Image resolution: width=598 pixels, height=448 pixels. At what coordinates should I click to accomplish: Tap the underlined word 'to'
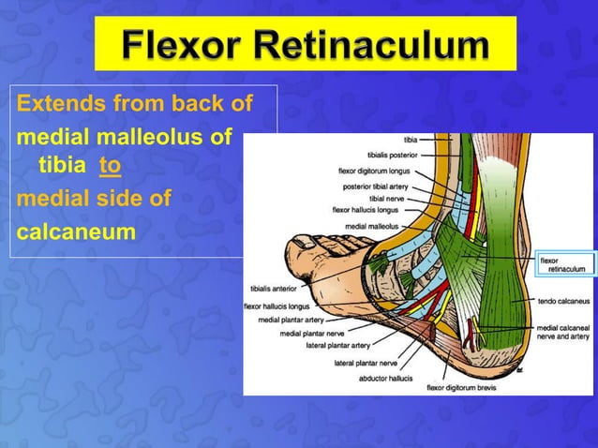pyautogui.click(x=110, y=167)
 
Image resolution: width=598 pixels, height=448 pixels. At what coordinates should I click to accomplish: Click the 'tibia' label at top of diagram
pyautogui.click(x=411, y=142)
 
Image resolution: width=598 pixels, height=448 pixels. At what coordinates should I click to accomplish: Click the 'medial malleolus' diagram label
pyautogui.click(x=373, y=226)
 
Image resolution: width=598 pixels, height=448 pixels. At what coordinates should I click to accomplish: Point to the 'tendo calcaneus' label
pyautogui.click(x=562, y=301)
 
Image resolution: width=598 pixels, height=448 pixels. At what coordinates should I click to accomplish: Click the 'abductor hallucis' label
pyautogui.click(x=385, y=379)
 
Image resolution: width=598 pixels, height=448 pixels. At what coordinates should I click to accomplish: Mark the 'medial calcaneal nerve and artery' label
pyautogui.click(x=562, y=332)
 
